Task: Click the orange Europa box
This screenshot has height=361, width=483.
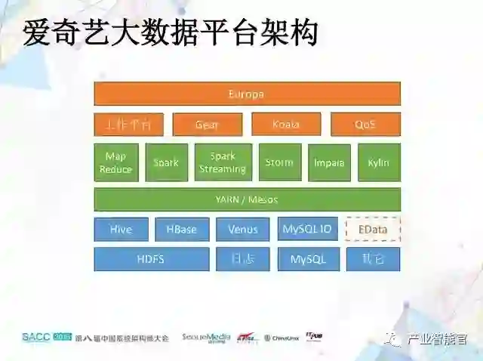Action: pyautogui.click(x=247, y=94)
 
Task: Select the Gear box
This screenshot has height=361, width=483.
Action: pyautogui.click(x=208, y=125)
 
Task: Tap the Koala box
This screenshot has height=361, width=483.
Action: pyautogui.click(x=286, y=125)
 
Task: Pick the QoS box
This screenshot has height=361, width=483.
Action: pyautogui.click(x=365, y=125)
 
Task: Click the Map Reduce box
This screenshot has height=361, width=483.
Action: pyautogui.click(x=115, y=162)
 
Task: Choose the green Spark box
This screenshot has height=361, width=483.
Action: pyautogui.click(x=166, y=162)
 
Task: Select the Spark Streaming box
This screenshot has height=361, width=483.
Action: pyautogui.click(x=223, y=162)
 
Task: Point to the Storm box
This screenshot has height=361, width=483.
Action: pyautogui.click(x=279, y=162)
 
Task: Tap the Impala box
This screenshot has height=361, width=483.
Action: pyautogui.click(x=329, y=162)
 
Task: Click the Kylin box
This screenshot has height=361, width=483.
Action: pyautogui.click(x=379, y=162)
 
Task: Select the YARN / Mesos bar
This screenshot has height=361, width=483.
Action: pyautogui.click(x=247, y=199)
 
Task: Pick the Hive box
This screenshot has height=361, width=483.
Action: pyautogui.click(x=121, y=230)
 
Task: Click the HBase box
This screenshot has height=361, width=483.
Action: pyautogui.click(x=182, y=230)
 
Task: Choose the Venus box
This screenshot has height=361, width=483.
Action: pyautogui.click(x=243, y=230)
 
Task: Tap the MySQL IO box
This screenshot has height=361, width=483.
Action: pyautogui.click(x=306, y=229)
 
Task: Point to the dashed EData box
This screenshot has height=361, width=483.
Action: pyautogui.click(x=373, y=229)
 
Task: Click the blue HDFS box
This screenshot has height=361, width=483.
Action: pyautogui.click(x=151, y=259)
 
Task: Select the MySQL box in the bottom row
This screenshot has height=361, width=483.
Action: pyautogui.click(x=309, y=259)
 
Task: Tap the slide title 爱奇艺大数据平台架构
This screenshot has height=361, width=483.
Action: pyautogui.click(x=170, y=32)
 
